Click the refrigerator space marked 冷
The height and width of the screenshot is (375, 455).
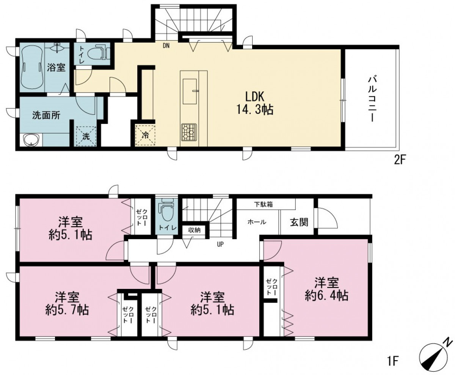145,135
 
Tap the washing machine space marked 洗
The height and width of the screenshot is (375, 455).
86,137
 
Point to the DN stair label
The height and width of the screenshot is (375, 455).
166,46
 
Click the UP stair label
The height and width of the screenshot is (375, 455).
220,244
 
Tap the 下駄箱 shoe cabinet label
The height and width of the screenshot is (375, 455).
264,205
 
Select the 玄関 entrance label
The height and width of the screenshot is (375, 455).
299,222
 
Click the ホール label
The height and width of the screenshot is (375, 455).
257,222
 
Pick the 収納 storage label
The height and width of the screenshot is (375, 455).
194,230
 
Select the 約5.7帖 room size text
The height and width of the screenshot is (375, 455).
67,310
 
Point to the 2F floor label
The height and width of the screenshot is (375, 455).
400,160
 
